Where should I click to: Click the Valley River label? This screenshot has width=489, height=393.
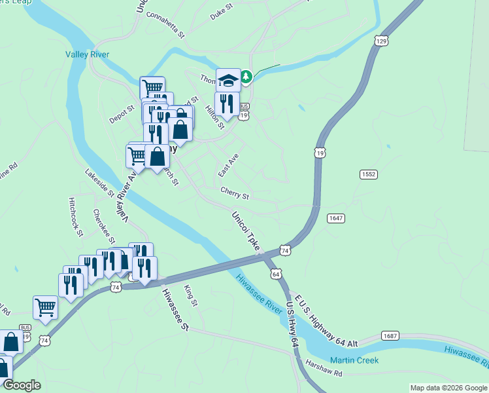tap(87, 55)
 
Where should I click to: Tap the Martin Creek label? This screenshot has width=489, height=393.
tap(354, 360)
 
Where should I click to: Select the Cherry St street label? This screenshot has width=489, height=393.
tap(235, 194)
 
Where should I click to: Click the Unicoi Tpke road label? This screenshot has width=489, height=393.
tap(246, 230)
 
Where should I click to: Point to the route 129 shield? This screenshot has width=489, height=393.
tap(382, 41)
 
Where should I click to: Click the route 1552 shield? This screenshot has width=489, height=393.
tap(368, 174)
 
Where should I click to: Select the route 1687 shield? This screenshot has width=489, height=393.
tap(390, 336)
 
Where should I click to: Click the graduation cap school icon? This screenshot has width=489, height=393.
tap(228, 80)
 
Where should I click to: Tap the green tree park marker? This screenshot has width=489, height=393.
tap(246, 77)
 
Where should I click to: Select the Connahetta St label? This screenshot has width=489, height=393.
tap(166, 24)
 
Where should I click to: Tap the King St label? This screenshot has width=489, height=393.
tap(190, 295)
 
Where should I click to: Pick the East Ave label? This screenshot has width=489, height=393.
tap(228, 166)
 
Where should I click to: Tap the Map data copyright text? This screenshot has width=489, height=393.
tap(448, 388)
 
